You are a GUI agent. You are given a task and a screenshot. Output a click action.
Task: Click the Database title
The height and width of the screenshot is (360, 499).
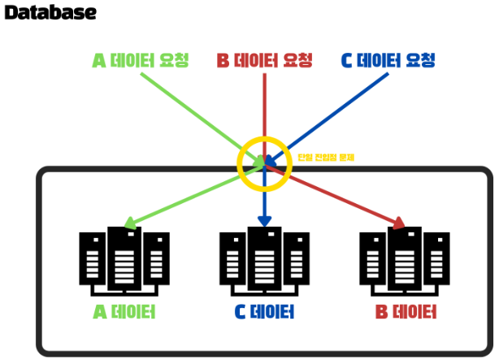click(x=50, y=13)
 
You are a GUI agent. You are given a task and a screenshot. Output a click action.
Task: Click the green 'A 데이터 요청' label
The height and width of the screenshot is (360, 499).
click(x=141, y=60)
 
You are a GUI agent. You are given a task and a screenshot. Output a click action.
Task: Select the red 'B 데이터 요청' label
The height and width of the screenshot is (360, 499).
click(x=265, y=60)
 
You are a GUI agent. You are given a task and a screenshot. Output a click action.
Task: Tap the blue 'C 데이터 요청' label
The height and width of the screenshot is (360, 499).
click(x=388, y=60)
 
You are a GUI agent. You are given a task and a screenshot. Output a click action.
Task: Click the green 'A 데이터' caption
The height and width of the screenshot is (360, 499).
click(x=124, y=313)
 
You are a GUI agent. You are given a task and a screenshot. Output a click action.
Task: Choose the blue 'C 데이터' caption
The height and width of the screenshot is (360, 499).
click(x=264, y=313)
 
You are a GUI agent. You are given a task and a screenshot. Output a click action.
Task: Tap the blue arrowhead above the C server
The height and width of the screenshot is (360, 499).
click(x=264, y=221)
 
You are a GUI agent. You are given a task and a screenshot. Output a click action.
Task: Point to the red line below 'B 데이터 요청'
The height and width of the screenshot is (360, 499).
click(x=265, y=106)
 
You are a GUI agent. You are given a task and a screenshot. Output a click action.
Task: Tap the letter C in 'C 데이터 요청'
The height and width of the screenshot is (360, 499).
click(x=348, y=60)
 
